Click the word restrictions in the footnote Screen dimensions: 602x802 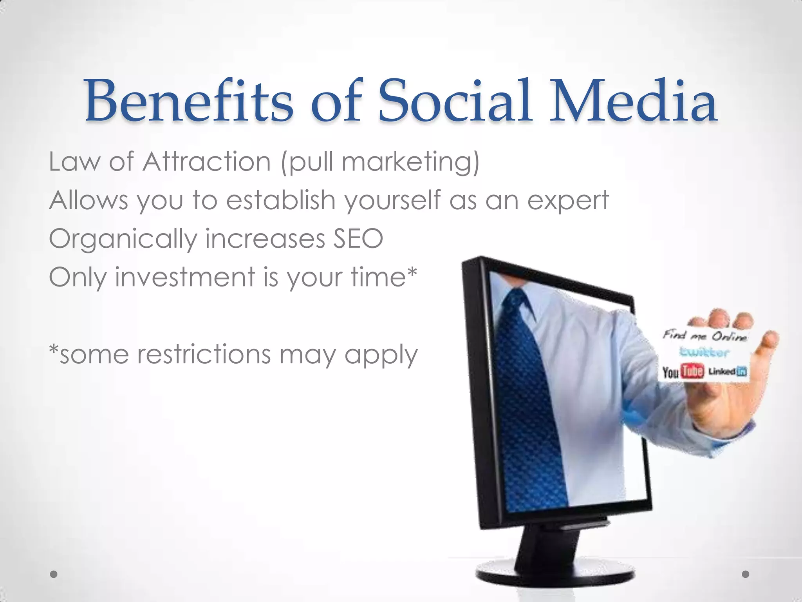(204, 354)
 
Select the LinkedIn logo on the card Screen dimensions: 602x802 (728, 372)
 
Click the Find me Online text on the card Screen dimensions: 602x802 (704, 335)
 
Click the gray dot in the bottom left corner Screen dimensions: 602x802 (54, 574)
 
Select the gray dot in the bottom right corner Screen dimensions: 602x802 (746, 574)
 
